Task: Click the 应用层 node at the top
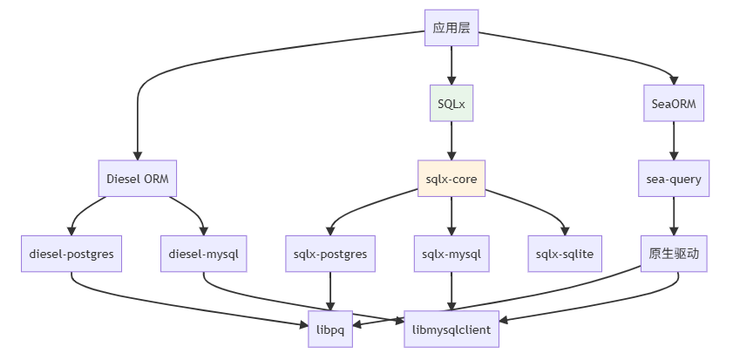point(451,28)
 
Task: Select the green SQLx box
point(451,104)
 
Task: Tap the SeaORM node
point(674,104)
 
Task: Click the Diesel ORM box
point(137,179)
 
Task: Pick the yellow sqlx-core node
point(451,179)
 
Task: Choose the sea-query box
point(674,179)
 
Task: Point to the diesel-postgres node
point(71,254)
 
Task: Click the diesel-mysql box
point(204,254)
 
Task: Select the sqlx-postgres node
point(330,254)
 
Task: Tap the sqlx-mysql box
point(451,254)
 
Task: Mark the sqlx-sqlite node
point(566,254)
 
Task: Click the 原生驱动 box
point(674,254)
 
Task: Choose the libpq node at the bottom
point(330,329)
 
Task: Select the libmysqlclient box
point(451,329)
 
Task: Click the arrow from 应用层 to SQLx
point(451,65)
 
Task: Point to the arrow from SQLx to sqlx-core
point(451,141)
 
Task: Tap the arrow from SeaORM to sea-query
point(674,141)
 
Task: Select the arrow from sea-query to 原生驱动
point(674,216)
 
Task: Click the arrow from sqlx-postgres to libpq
point(330,291)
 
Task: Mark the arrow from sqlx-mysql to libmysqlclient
point(451,291)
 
